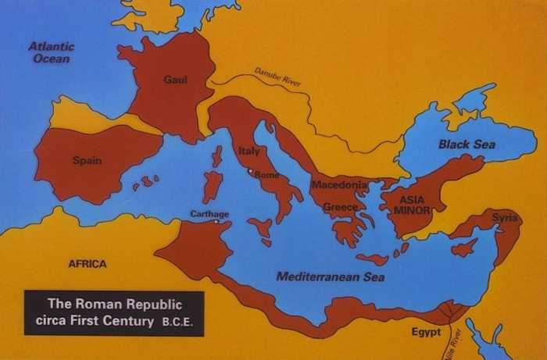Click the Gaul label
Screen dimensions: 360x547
click(x=176, y=80)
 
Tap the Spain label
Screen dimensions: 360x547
click(x=87, y=161)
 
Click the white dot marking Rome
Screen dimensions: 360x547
click(x=250, y=171)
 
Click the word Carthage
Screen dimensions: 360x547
click(x=209, y=213)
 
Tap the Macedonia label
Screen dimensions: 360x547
click(x=339, y=185)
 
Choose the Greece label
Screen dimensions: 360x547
click(x=340, y=207)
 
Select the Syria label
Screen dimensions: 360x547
click(x=505, y=217)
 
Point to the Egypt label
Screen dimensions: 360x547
click(x=427, y=333)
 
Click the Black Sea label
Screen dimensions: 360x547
click(x=466, y=144)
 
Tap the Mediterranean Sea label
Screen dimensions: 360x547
click(x=331, y=276)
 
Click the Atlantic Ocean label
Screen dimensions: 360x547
click(x=52, y=52)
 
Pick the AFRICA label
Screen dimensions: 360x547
click(x=88, y=264)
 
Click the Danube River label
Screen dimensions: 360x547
click(x=277, y=77)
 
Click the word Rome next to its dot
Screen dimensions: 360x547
click(x=266, y=174)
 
